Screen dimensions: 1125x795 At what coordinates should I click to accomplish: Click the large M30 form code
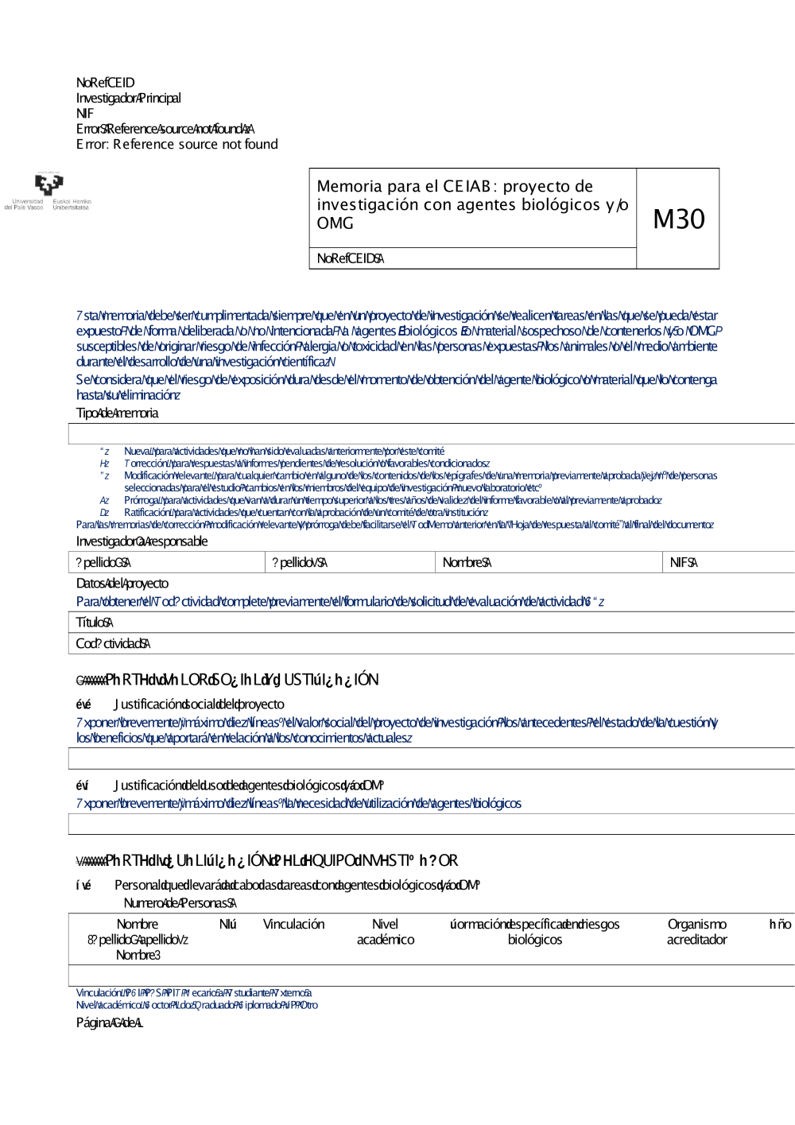[x=678, y=219]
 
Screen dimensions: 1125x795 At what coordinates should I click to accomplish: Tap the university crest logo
[x=48, y=184]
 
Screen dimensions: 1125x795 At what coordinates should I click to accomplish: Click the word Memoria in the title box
[x=338, y=186]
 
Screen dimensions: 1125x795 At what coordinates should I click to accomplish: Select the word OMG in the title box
[x=335, y=223]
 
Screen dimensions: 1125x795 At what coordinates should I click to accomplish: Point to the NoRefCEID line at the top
[x=105, y=83]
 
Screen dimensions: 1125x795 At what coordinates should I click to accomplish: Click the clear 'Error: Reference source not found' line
[x=176, y=144]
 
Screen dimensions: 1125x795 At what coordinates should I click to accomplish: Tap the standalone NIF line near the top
[x=84, y=114]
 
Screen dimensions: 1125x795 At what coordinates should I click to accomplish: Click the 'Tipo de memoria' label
[x=117, y=413]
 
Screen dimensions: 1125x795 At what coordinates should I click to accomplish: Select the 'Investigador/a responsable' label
[x=142, y=541]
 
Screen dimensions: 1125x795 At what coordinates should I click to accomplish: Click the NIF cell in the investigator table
[x=683, y=563]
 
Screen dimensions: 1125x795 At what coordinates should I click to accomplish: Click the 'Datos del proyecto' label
[x=122, y=584]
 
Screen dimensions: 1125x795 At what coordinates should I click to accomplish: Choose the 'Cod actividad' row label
[x=113, y=644]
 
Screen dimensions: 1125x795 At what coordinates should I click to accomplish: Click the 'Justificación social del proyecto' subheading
[x=198, y=704]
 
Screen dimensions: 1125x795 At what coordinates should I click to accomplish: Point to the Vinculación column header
[x=293, y=925]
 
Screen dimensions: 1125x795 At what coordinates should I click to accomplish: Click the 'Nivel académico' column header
[x=385, y=932]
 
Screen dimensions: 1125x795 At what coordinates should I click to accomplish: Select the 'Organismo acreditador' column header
[x=696, y=932]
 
